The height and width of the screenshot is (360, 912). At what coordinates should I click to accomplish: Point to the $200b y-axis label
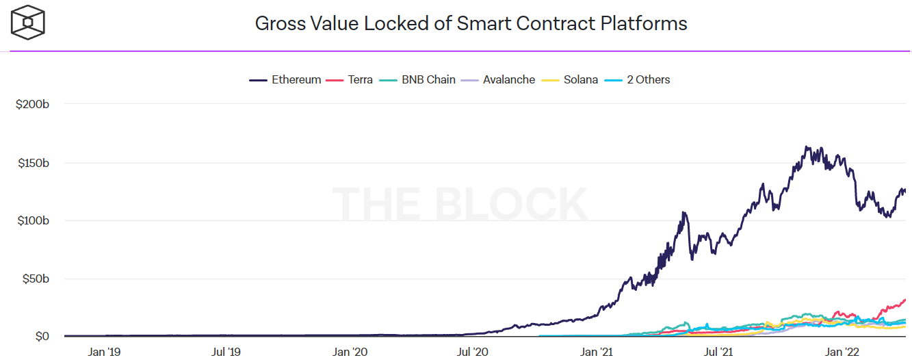(32, 105)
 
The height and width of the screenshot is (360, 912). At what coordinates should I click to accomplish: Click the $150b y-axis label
(32, 163)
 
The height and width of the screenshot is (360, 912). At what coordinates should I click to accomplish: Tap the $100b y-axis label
(32, 221)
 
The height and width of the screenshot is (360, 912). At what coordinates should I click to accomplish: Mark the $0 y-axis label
(42, 336)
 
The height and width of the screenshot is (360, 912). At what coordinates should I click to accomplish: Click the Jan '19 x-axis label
(105, 352)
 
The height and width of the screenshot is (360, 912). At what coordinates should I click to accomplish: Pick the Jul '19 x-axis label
(227, 352)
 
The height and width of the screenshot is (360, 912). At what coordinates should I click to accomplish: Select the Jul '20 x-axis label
(473, 352)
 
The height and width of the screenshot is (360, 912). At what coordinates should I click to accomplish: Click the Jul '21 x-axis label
(719, 352)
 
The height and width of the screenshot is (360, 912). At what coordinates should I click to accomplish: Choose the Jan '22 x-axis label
(843, 352)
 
